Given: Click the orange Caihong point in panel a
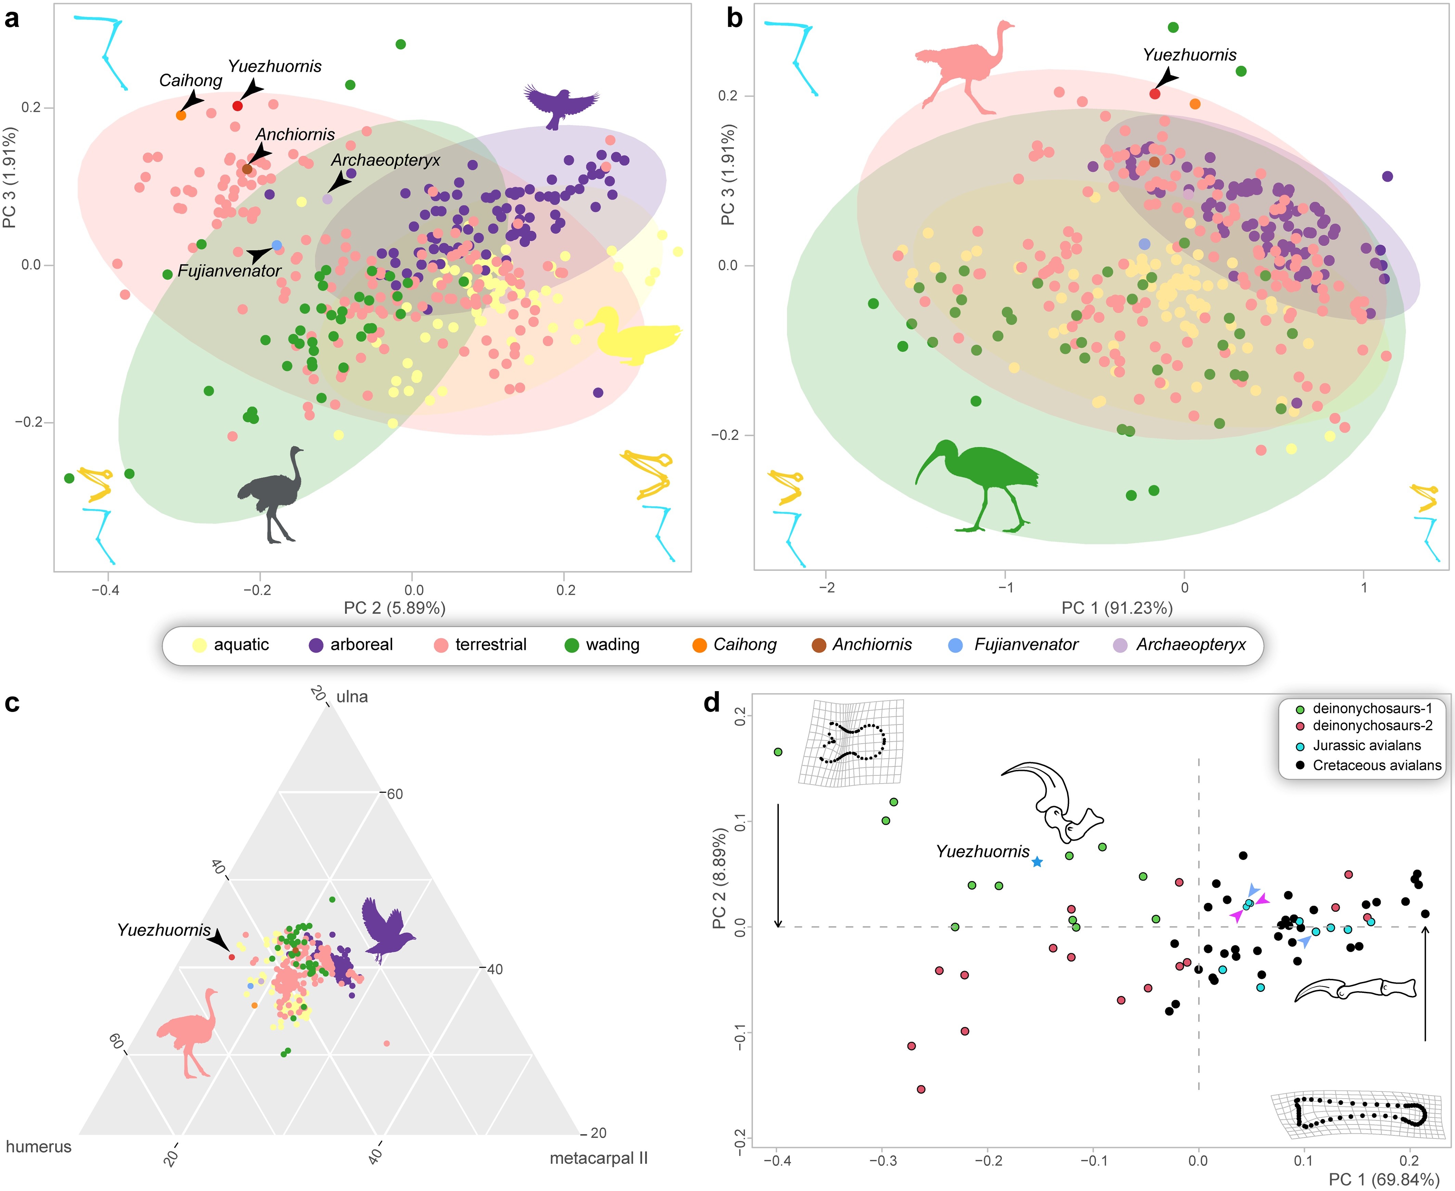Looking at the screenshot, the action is pos(181,115).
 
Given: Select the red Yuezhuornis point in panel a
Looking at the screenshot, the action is pos(237,106).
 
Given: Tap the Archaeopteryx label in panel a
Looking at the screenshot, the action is pos(386,160).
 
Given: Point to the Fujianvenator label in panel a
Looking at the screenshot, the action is pos(229,271).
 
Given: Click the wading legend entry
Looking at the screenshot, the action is pos(602,645).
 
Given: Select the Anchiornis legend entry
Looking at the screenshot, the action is pos(862,645).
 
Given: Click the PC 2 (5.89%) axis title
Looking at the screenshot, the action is pos(395,608).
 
